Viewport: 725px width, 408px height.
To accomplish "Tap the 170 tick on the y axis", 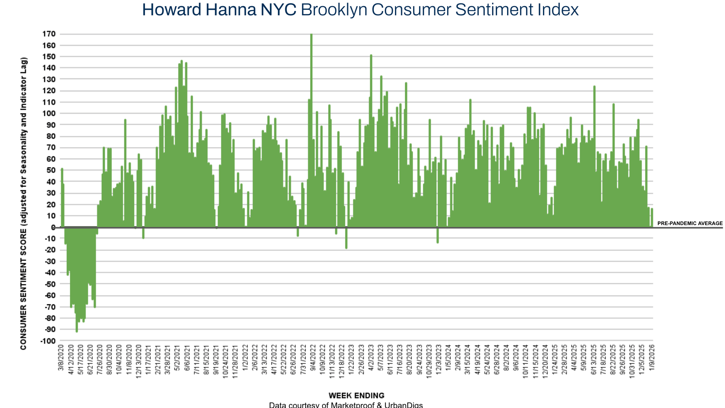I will (49, 34).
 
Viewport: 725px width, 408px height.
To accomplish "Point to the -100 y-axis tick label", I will (48, 341).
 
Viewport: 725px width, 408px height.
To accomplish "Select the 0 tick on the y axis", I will (53, 227).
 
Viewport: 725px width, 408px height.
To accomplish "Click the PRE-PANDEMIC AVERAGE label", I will (690, 223).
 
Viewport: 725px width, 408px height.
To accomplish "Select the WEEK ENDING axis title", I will (356, 396).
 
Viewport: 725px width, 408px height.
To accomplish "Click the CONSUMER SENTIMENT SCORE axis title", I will (24, 204).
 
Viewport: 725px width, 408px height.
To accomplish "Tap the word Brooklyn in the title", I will (334, 10).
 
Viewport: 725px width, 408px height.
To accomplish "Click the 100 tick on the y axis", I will (49, 114).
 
